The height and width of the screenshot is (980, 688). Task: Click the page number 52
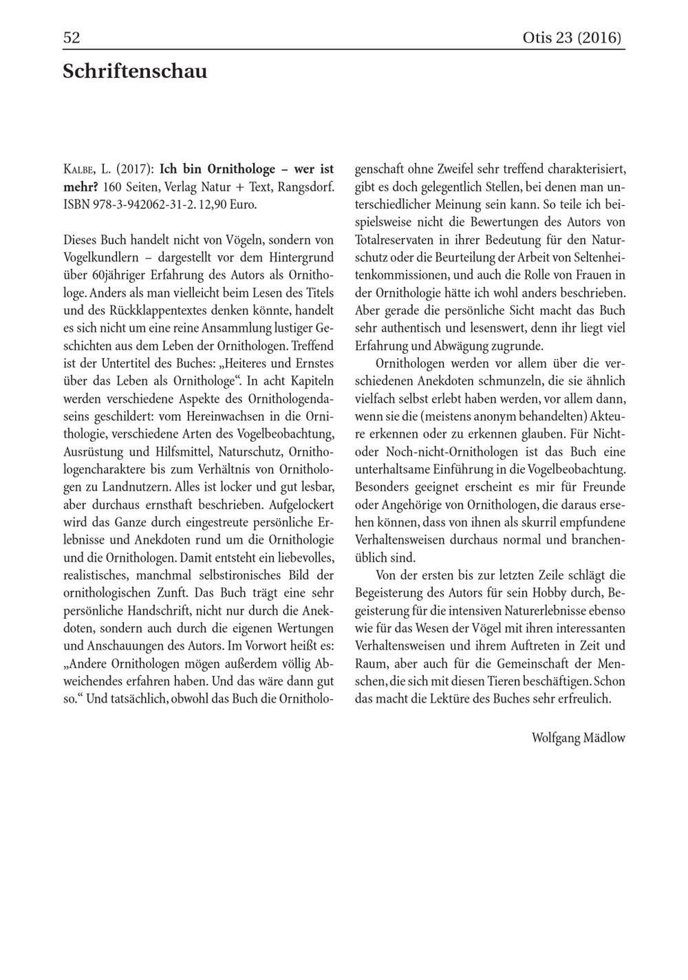(72, 37)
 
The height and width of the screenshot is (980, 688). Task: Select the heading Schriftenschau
(135, 71)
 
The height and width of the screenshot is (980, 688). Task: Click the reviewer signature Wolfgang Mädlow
(578, 738)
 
